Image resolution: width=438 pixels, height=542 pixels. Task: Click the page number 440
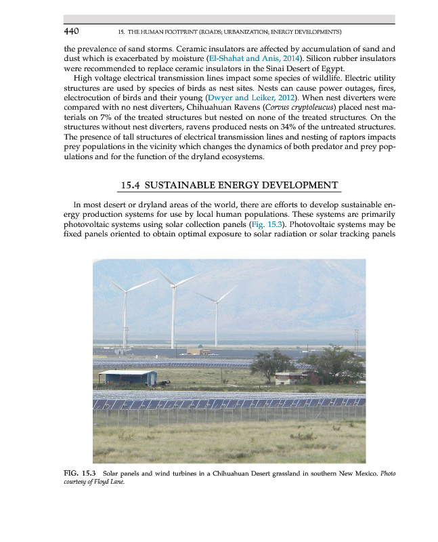(72, 31)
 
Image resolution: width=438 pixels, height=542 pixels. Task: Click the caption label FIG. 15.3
(81, 472)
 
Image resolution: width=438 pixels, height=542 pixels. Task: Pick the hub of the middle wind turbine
(173, 285)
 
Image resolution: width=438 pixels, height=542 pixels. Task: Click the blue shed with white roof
(127, 377)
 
